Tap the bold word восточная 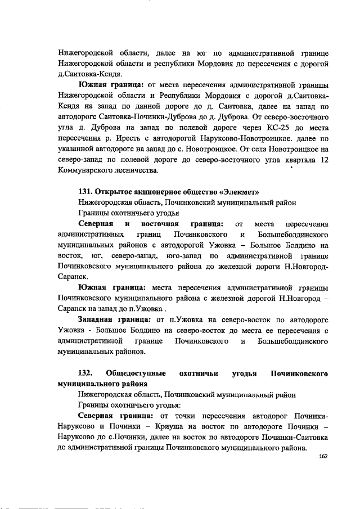pyautogui.click(x=164, y=224)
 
